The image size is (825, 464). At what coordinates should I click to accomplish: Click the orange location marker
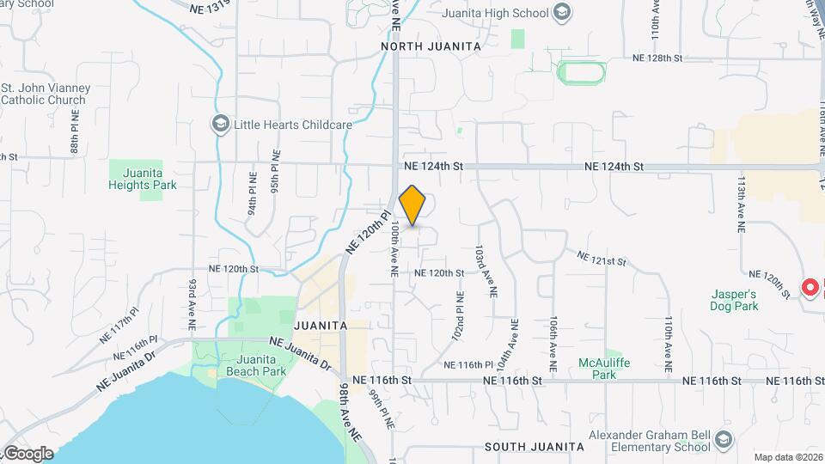click(412, 205)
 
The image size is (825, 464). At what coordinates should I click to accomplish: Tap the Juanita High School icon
click(562, 13)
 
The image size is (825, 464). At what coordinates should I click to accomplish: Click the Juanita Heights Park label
click(137, 179)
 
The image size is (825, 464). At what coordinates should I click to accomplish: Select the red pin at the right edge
click(810, 287)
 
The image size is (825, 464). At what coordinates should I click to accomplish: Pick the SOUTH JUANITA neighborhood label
click(534, 447)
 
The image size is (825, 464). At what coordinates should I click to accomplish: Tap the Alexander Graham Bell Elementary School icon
click(724, 442)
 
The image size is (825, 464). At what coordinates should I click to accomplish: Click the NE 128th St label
click(657, 58)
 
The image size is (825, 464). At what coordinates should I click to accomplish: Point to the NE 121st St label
click(603, 259)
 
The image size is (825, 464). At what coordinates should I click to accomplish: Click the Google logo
click(28, 453)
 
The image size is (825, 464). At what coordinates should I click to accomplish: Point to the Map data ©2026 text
click(787, 457)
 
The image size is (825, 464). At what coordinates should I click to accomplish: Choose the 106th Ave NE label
click(553, 342)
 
